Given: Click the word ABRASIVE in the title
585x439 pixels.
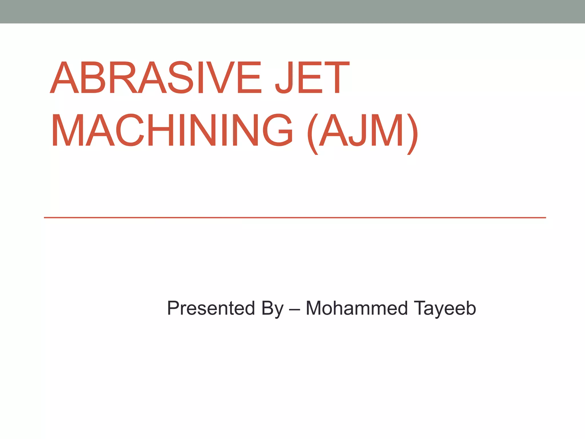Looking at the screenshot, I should click(156, 77).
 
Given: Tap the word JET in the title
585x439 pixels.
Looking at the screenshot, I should click(312, 77).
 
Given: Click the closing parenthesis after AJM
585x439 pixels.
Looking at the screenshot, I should click(413, 134).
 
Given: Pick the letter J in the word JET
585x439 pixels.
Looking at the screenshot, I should click(284, 77).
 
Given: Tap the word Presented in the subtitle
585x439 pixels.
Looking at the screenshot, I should click(211, 308).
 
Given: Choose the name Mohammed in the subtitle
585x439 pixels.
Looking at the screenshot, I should click(357, 308).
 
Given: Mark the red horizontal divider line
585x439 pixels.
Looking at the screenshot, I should click(295, 218).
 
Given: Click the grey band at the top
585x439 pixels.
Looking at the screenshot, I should click(292, 11).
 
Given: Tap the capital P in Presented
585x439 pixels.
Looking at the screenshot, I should click(174, 308).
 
